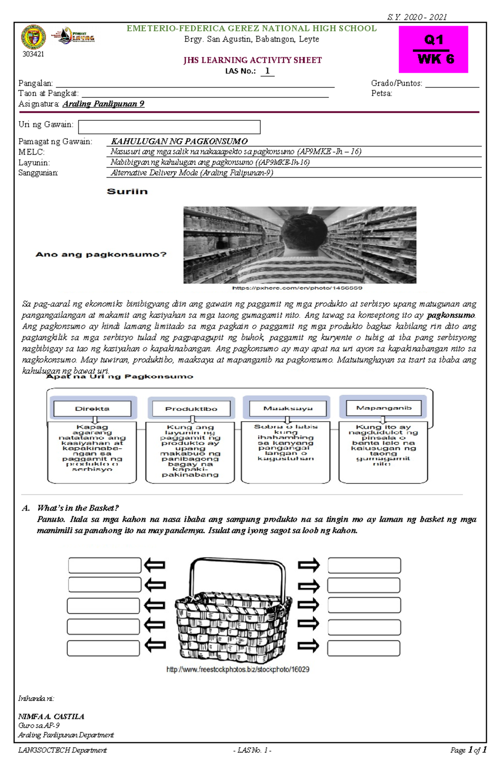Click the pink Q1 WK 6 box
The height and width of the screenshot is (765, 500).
(x=433, y=49)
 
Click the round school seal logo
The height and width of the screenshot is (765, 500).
(x=33, y=37)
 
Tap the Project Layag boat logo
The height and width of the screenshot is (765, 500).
(x=73, y=36)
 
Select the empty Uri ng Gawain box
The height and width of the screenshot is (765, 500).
(x=169, y=127)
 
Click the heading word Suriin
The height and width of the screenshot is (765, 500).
(x=127, y=191)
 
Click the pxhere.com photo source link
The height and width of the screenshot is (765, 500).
(x=297, y=288)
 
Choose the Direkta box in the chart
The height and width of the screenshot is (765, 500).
(x=92, y=409)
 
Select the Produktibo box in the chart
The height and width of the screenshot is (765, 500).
(x=191, y=409)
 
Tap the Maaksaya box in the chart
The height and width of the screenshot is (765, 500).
(x=287, y=408)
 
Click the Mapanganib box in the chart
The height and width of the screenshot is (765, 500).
(x=383, y=408)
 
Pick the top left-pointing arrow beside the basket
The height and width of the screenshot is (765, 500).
(x=155, y=565)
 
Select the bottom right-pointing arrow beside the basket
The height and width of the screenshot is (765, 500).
(x=308, y=646)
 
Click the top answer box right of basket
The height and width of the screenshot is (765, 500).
(x=364, y=565)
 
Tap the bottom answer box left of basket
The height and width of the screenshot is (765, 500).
(x=103, y=648)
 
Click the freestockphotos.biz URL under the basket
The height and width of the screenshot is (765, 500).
(x=237, y=669)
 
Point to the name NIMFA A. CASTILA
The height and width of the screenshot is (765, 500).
(x=51, y=716)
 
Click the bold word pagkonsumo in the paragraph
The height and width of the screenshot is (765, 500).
(x=451, y=315)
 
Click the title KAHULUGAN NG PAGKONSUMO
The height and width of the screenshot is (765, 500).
(x=179, y=141)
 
